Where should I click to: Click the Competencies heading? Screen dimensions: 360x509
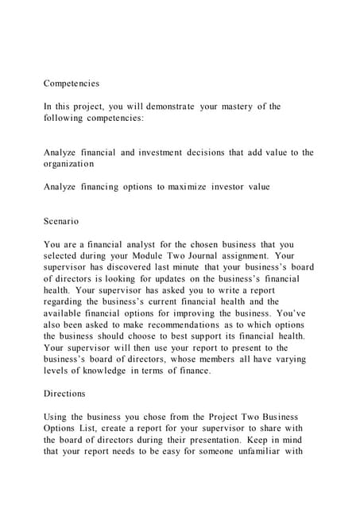72,83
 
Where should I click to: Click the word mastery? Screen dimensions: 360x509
236,107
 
